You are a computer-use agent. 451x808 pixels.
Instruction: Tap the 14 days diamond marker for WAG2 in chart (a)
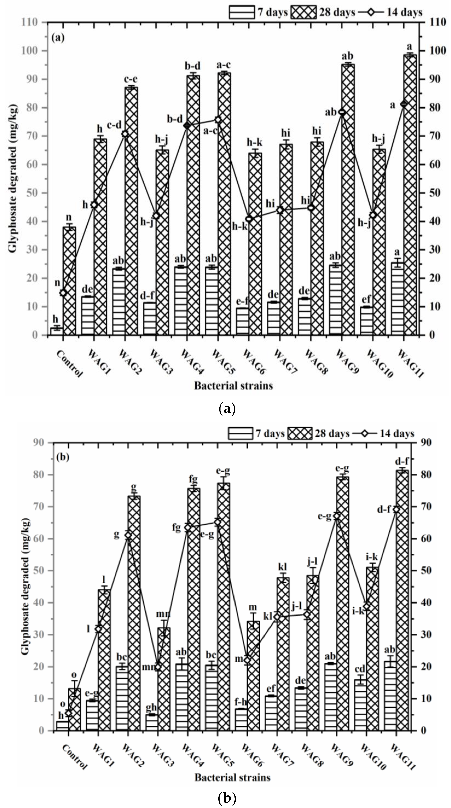tap(125, 134)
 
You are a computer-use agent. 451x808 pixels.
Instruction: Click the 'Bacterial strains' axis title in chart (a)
tap(233, 385)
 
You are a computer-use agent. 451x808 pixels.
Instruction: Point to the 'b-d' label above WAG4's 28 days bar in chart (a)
tap(192, 66)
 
